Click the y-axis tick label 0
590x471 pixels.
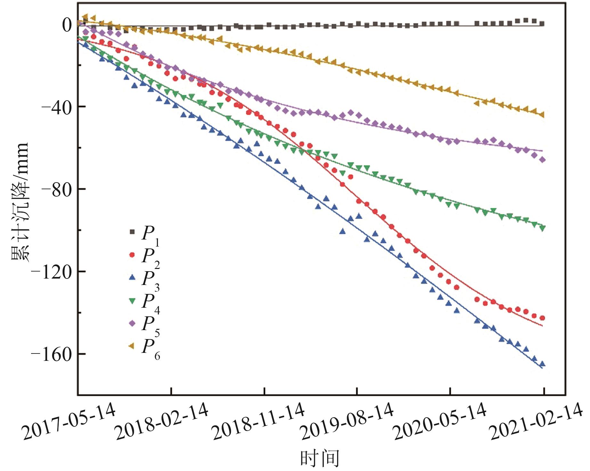[x=67, y=25]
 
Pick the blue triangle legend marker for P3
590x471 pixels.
[x=132, y=278]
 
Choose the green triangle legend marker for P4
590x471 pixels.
[x=132, y=301]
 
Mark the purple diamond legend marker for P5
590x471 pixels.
[x=132, y=323]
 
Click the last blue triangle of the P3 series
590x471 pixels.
[x=542, y=364]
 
